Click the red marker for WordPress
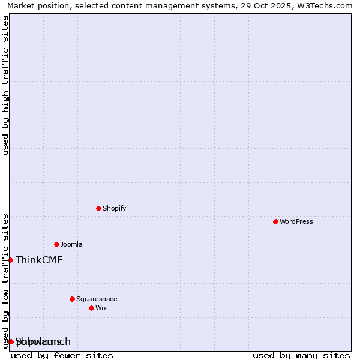point(275,221)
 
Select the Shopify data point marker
point(98,208)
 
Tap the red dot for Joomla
point(56,244)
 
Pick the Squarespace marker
point(72,299)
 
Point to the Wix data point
point(91,308)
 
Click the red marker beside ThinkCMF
point(10,260)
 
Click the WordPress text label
point(296,221)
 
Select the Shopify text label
point(114,208)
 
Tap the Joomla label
point(71,244)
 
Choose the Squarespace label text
point(97,299)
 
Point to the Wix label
point(101,308)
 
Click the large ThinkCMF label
point(39,260)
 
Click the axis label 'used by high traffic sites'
point(5,85)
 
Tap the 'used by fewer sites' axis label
point(62,355)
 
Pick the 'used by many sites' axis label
point(301,355)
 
